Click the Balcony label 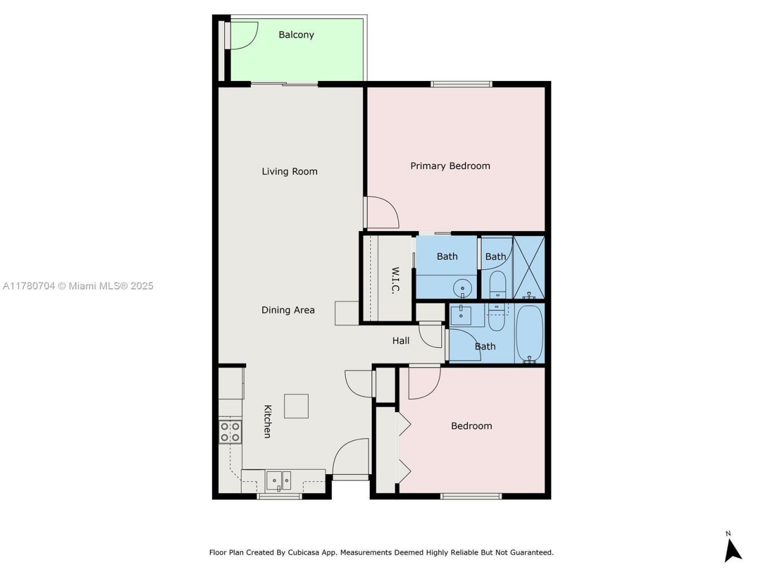click(296, 35)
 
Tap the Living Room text click(289, 172)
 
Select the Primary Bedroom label click(450, 166)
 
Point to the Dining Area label click(288, 310)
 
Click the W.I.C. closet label click(395, 280)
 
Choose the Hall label click(401, 341)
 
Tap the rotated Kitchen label click(268, 421)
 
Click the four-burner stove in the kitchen click(230, 431)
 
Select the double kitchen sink click(278, 480)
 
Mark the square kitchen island click(296, 406)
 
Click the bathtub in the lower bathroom click(529, 334)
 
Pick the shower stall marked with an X click(529, 268)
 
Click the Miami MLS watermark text click(78, 286)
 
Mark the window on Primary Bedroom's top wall click(461, 84)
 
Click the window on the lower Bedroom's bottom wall click(471, 496)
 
